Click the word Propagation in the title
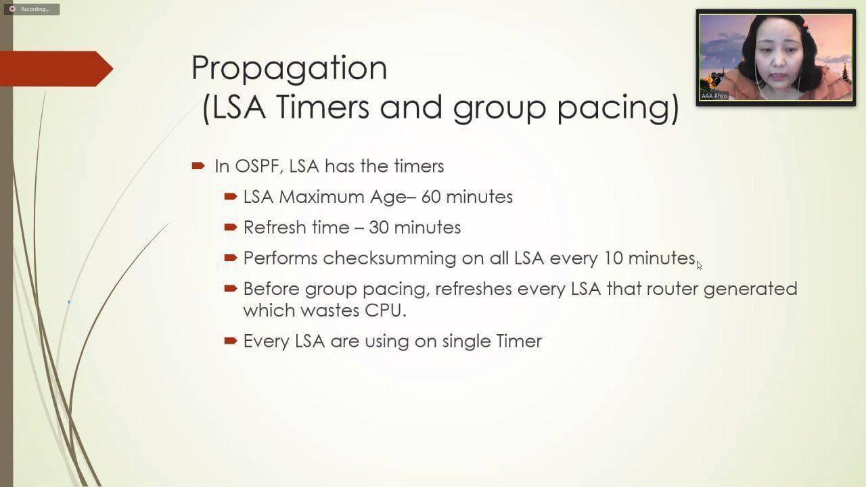289,69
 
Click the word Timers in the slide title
323,107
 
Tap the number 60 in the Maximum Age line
431,197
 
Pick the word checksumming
389,258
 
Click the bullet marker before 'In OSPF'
198,166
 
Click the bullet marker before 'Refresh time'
231,227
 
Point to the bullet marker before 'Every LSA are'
231,340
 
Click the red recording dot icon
12,9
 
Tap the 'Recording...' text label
35,9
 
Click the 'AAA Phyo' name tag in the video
714,96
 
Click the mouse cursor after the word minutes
700,265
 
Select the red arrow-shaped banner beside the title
56,69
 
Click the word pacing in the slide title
618,108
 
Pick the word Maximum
321,197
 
